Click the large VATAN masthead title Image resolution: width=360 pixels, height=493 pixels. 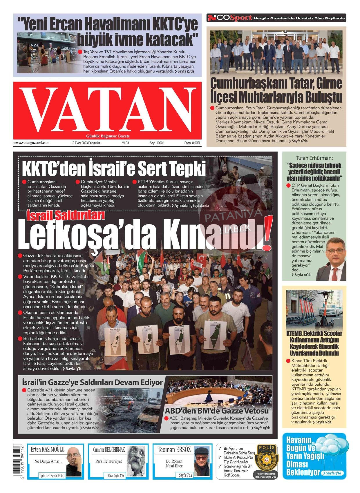coord(107,110)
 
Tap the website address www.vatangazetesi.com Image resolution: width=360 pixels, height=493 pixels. coord(31,143)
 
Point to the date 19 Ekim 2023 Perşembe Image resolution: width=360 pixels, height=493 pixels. coord(86,143)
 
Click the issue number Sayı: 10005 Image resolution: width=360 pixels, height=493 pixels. coord(157,143)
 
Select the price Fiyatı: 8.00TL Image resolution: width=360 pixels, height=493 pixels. coord(193,143)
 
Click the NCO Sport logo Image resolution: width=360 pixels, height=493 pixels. coord(229,18)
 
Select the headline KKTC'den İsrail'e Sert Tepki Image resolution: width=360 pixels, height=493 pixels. coord(114,168)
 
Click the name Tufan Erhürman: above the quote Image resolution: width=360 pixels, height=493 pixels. coord(314,158)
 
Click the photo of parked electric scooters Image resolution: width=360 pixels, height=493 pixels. coord(314,309)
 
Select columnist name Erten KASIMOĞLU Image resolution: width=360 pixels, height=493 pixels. coord(48,449)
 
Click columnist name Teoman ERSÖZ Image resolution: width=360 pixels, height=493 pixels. coord(174,450)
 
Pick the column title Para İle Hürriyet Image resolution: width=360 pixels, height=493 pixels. coord(109,461)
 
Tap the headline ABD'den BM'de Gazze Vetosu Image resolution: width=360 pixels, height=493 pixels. coord(217,411)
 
